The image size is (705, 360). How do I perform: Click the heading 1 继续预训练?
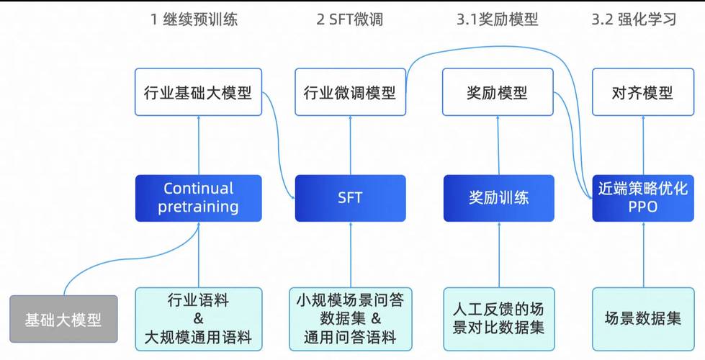click(194, 19)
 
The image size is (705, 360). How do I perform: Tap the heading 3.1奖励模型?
click(497, 19)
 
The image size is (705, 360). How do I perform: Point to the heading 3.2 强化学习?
click(634, 19)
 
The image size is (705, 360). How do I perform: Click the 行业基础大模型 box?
click(197, 92)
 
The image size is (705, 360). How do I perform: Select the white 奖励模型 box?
click(497, 92)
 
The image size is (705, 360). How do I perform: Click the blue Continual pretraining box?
click(197, 198)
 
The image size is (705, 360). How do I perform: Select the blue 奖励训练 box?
click(499, 198)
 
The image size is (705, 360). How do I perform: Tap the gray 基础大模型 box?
click(63, 318)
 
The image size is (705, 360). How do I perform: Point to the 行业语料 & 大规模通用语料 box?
click(198, 318)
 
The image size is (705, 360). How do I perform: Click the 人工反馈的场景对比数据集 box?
click(498, 318)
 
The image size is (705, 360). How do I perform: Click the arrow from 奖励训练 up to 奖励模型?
click(498, 144)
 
